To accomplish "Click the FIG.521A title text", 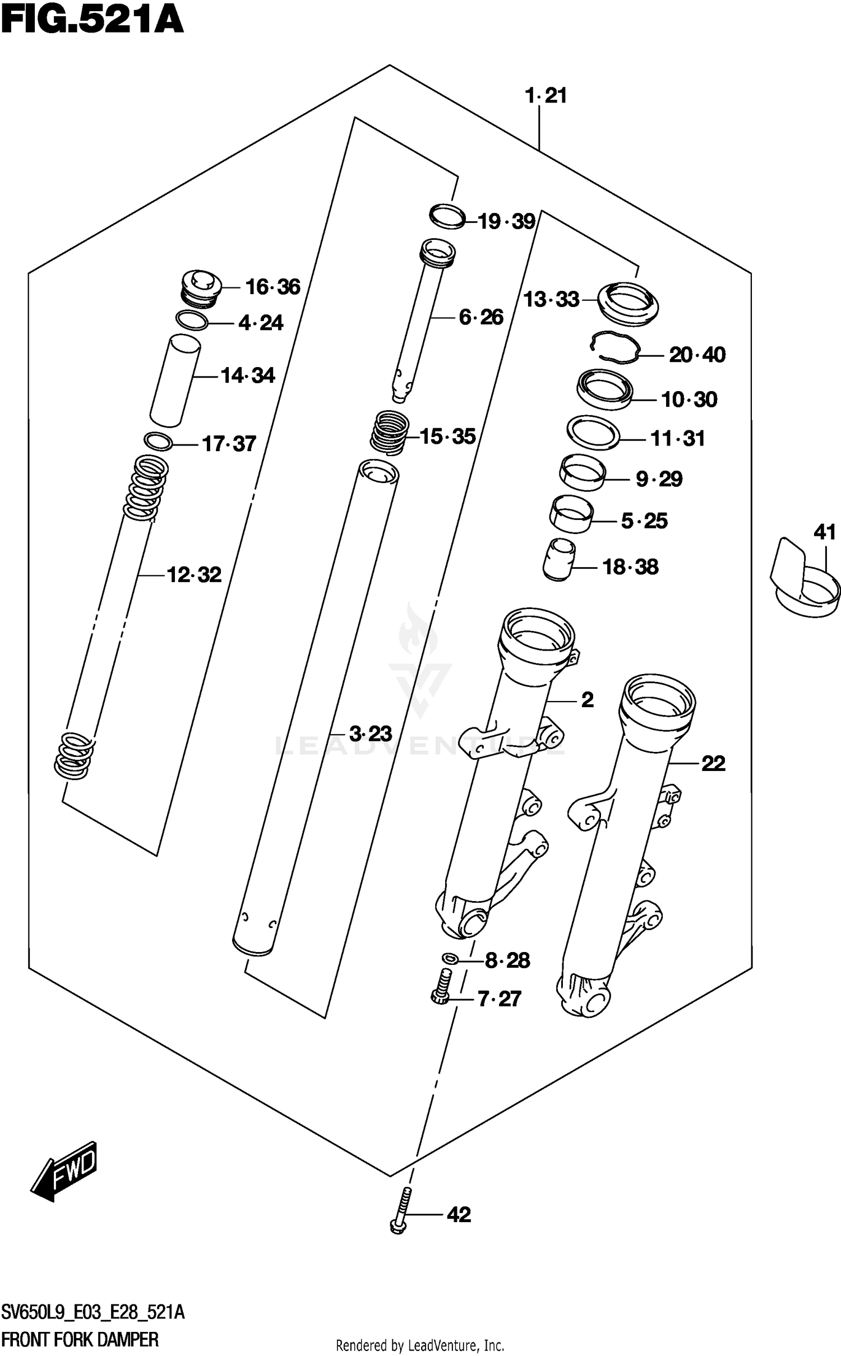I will click(93, 21).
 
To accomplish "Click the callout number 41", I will click(824, 532).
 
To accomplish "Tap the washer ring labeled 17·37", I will click(158, 441).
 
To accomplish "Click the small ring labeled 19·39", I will click(447, 217).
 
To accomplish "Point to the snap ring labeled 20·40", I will click(615, 347).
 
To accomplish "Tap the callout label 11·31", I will click(677, 439).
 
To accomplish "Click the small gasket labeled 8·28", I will click(449, 959).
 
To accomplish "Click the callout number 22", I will click(713, 763).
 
